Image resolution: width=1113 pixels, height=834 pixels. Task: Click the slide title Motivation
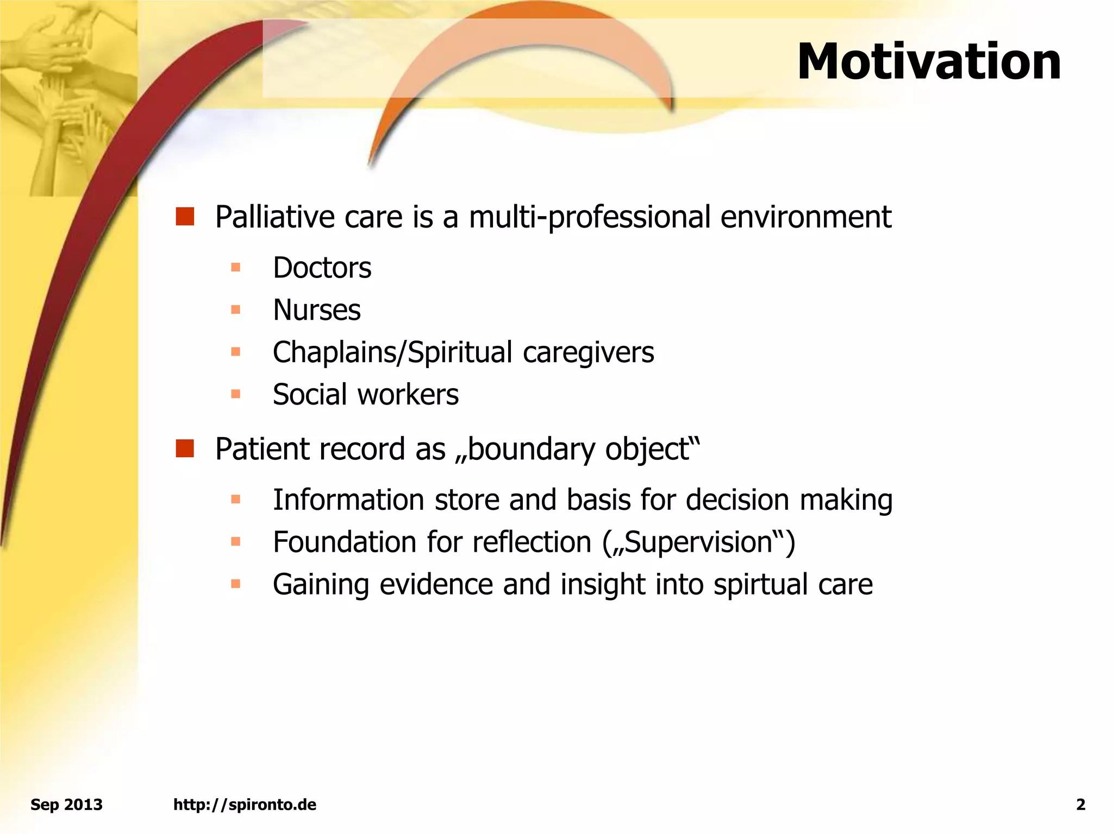click(x=928, y=62)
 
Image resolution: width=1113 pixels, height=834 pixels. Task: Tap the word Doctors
click(x=322, y=268)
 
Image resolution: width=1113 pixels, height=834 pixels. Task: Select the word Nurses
click(x=316, y=310)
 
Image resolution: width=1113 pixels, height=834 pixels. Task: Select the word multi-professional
click(x=590, y=217)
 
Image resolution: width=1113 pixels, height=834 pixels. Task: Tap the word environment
click(x=805, y=217)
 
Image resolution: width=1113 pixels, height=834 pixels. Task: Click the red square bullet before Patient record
click(x=185, y=448)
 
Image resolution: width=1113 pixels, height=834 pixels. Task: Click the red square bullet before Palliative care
click(x=185, y=216)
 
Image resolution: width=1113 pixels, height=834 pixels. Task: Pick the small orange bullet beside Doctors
click(x=235, y=267)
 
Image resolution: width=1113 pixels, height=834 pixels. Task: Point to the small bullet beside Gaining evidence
click(x=235, y=584)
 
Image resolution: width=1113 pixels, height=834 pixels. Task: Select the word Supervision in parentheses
click(x=699, y=542)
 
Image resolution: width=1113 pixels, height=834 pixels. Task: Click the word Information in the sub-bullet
click(x=348, y=500)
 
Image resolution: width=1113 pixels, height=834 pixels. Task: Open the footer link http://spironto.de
click(x=245, y=805)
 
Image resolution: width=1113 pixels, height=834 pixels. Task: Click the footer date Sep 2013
click(x=66, y=805)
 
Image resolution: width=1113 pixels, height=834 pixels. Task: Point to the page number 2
click(x=1080, y=805)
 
